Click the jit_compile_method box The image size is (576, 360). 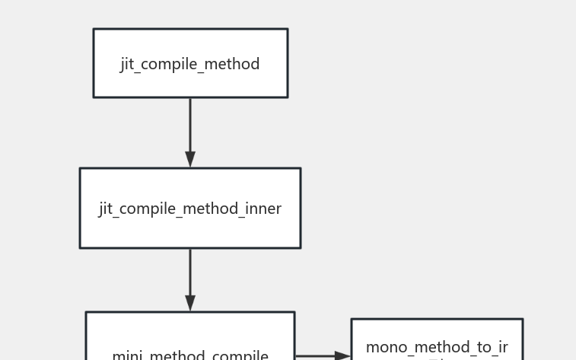pos(190,63)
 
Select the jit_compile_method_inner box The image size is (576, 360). pos(190,208)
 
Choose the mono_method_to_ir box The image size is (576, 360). pos(437,341)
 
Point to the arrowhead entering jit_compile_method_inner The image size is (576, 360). pos(190,159)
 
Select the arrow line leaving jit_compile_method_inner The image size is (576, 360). pos(190,270)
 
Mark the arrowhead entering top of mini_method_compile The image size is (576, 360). pos(190,303)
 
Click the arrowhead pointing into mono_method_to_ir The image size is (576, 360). pos(342,355)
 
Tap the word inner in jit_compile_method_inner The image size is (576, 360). pos(263,209)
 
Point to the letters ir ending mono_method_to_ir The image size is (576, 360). pos(502,348)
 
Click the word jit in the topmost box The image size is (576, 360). pos(129,64)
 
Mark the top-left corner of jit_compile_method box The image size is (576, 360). pos(94,29)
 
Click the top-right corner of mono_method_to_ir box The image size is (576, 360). pos(522,319)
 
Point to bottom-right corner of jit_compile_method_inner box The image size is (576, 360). pos(300,247)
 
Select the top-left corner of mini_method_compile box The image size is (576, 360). pos(86,312)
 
